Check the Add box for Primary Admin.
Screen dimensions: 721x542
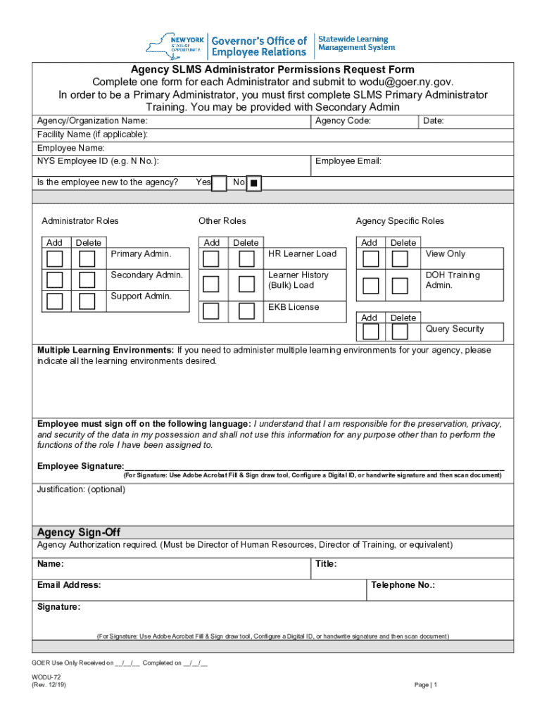click(x=55, y=258)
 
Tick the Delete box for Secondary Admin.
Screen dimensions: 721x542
click(x=87, y=280)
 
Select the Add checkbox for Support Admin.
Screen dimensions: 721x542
click(x=55, y=301)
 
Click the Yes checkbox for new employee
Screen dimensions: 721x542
click(x=220, y=183)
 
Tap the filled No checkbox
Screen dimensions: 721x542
click(x=254, y=183)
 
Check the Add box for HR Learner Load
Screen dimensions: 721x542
click(x=210, y=258)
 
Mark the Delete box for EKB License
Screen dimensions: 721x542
click(x=246, y=311)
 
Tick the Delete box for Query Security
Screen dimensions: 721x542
click(x=400, y=332)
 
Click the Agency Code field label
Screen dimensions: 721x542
click(x=343, y=121)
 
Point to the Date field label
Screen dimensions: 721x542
click(x=433, y=121)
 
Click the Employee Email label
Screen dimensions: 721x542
click(x=348, y=161)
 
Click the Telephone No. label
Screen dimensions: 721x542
click(x=403, y=585)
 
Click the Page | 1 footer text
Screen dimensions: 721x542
click(x=427, y=685)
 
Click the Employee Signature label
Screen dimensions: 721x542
click(x=80, y=466)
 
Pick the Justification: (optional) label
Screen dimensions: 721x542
click(x=81, y=489)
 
